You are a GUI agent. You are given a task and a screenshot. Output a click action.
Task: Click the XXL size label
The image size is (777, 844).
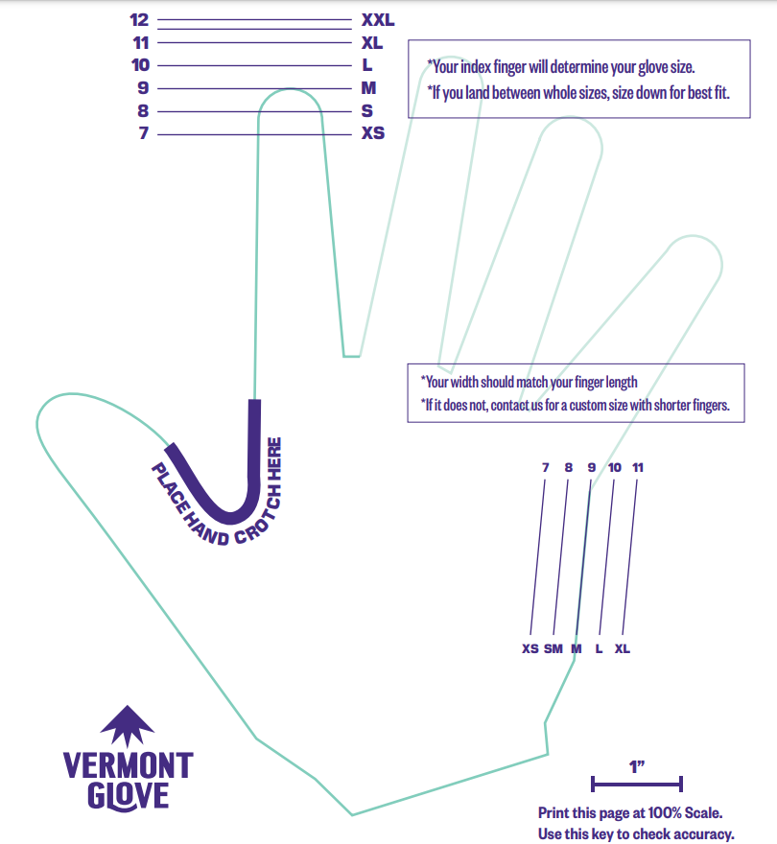[x=378, y=19]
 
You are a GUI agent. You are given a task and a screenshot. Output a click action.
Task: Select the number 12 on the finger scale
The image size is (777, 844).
[x=139, y=19]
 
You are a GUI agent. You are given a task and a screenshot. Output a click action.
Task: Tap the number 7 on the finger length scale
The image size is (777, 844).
[x=144, y=133]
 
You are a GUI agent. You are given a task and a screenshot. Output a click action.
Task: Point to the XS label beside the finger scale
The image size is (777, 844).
[x=373, y=133]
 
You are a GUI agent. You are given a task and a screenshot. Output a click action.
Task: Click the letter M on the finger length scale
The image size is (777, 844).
[x=368, y=88]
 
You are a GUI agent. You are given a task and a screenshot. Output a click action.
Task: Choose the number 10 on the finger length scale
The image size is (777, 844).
[x=141, y=65]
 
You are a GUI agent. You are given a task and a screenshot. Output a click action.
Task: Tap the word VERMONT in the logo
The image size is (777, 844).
[x=128, y=765]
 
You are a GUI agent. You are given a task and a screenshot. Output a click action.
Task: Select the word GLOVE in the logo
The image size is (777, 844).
[x=128, y=796]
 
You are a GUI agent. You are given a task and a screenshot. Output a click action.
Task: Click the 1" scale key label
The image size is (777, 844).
[x=637, y=766]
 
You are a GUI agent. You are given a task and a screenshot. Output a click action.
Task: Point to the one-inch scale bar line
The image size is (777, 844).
[x=637, y=784]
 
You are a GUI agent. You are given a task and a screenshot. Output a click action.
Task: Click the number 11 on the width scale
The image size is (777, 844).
[x=638, y=468]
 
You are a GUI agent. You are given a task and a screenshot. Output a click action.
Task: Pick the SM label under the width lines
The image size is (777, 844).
[x=553, y=649]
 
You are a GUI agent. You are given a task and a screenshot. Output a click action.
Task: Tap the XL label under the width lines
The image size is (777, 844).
[x=623, y=649]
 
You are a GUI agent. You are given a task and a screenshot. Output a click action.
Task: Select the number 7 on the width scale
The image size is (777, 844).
[x=545, y=468]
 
